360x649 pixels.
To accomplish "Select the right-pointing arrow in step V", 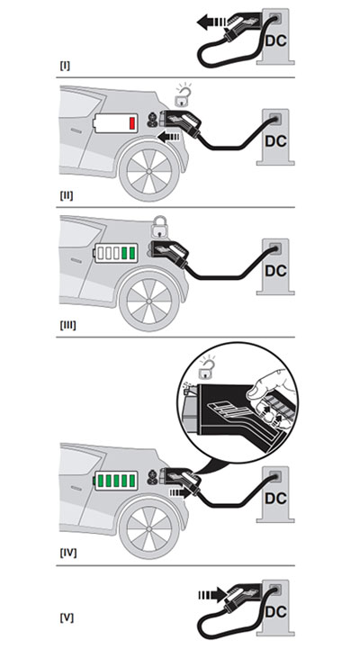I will tap(212, 594).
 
